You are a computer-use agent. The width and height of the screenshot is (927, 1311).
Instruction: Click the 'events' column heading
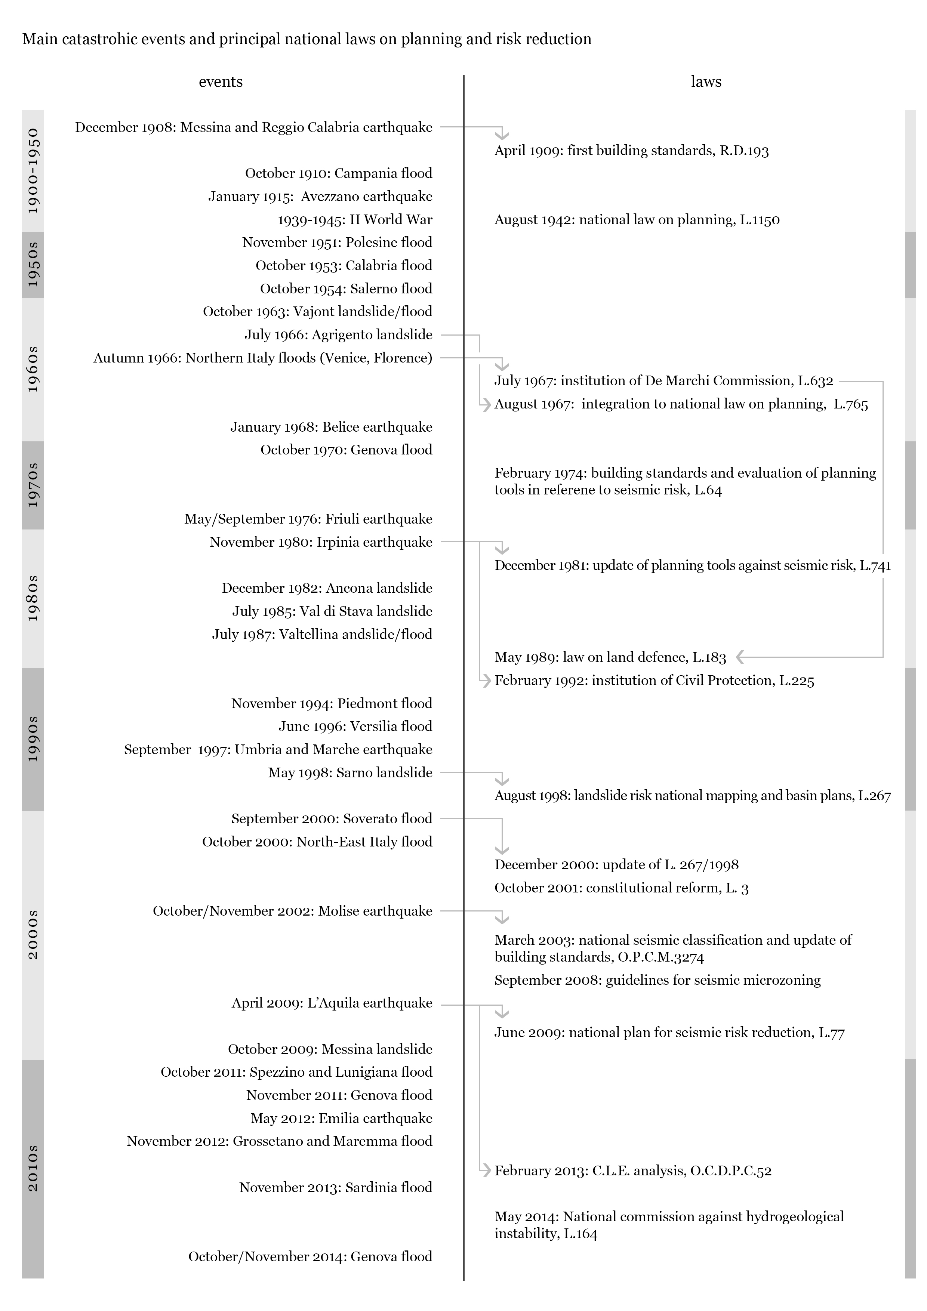(x=221, y=81)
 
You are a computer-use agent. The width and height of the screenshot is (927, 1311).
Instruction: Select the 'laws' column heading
(x=706, y=81)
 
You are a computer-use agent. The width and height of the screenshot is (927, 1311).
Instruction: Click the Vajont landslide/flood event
(x=318, y=312)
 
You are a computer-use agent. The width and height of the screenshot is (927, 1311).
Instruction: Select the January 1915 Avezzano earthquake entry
(x=320, y=197)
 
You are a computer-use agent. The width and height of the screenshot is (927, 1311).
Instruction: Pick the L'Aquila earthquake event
(x=332, y=1003)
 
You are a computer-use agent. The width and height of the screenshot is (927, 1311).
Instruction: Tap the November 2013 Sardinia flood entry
(x=335, y=1187)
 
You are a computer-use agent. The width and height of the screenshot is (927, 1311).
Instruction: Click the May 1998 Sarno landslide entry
(x=350, y=772)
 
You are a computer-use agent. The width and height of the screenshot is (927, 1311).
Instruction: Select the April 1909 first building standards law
(x=631, y=151)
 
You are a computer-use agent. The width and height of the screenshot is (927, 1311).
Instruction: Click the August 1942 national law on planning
(x=637, y=220)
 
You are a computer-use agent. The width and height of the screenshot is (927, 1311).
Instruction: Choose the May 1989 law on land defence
(x=610, y=657)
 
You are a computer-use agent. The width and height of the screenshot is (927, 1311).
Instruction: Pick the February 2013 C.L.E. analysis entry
(x=633, y=1170)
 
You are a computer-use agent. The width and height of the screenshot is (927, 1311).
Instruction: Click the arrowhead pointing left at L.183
(x=740, y=657)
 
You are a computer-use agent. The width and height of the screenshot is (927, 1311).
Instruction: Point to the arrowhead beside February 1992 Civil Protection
(x=486, y=680)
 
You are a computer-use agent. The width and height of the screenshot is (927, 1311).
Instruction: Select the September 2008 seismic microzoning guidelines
(x=657, y=980)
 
